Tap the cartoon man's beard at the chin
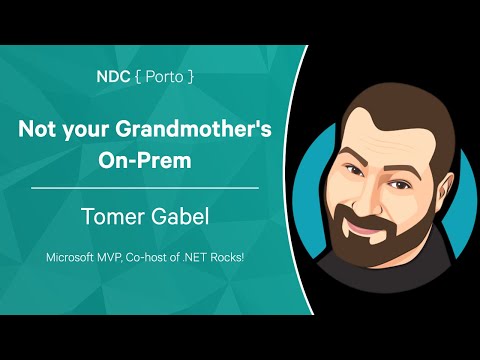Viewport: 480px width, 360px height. [380, 255]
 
